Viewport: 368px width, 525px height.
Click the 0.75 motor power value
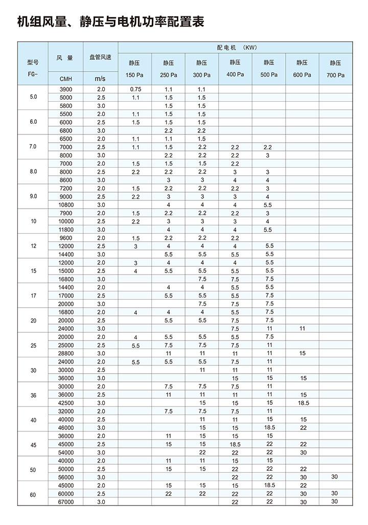click(x=135, y=89)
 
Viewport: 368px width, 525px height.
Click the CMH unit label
click(x=66, y=79)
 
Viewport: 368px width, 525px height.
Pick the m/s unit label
click(x=100, y=79)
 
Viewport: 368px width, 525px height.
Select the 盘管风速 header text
click(x=100, y=58)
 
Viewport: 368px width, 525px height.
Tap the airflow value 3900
click(x=66, y=89)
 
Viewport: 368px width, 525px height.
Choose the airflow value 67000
click(x=66, y=502)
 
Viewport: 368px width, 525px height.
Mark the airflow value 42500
click(x=66, y=403)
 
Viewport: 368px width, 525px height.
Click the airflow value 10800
click(x=66, y=204)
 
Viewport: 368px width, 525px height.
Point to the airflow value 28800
click(x=66, y=353)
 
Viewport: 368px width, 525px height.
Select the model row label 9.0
click(x=33, y=196)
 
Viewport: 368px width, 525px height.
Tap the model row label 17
click(x=33, y=295)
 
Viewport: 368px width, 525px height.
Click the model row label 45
click(x=33, y=444)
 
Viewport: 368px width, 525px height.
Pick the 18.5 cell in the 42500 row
click(x=303, y=403)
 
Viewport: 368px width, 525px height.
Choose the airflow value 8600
click(x=66, y=180)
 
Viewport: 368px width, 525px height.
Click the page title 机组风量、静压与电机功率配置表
click(x=111, y=22)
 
